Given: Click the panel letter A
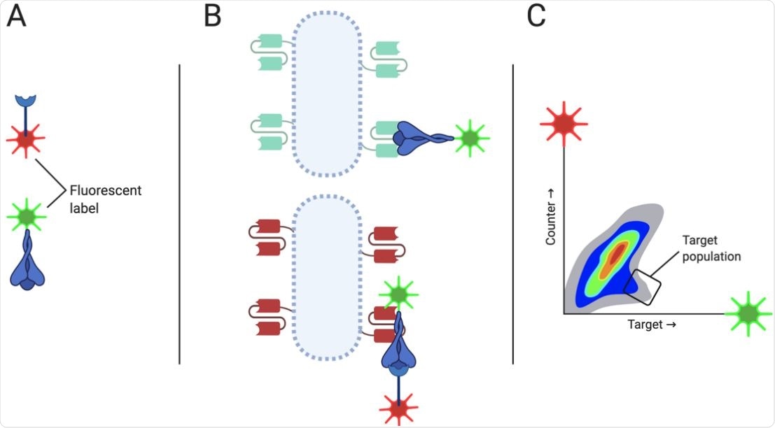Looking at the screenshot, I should [17, 16].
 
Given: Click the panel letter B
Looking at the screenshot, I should [212, 16].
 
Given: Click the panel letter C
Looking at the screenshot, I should [536, 16].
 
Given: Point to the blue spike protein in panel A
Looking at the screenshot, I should [27, 263].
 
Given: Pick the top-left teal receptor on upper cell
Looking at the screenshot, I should [269, 52].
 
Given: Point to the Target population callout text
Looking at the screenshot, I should [711, 248].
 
